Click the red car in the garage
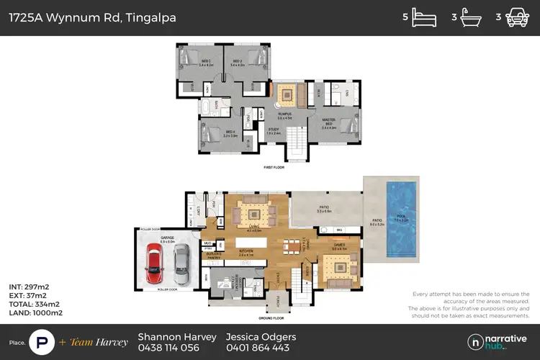(153, 263)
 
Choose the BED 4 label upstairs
(229, 132)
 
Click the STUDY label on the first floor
(273, 130)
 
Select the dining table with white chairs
(292, 247)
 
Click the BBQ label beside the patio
(338, 230)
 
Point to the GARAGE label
(167, 238)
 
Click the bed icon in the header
(424, 18)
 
